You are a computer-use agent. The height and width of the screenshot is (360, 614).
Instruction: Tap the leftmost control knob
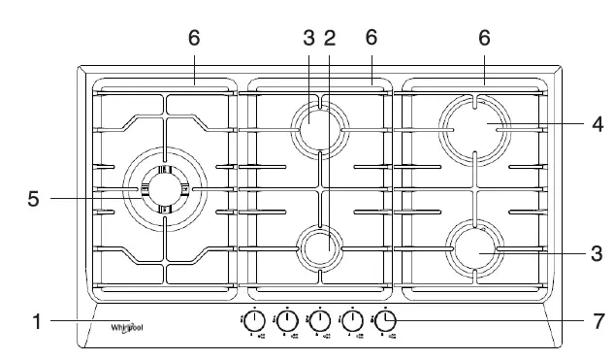coord(254,321)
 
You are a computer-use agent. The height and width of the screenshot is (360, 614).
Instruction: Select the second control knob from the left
coord(287,321)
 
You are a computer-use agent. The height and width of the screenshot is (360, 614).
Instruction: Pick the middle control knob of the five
coord(319,321)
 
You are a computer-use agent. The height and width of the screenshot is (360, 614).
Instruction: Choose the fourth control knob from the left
coord(352,321)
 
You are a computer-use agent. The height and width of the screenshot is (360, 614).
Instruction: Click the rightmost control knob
coord(385,321)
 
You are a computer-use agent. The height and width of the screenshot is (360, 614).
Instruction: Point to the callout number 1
coord(36,322)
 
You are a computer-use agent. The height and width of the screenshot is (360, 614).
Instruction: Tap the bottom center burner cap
coord(319,248)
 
